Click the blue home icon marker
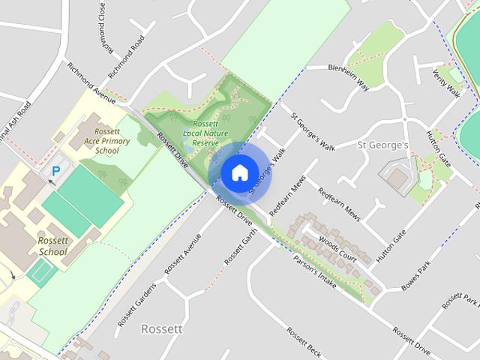pos(239,173)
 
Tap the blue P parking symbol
pos(55,172)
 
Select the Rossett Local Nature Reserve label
pos(195,133)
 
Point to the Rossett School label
pos(52,247)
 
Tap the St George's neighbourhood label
pos(382,144)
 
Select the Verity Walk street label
pos(446,83)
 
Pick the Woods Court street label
pos(337,247)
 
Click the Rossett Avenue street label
pos(183,252)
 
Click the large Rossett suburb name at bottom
pos(162,328)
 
